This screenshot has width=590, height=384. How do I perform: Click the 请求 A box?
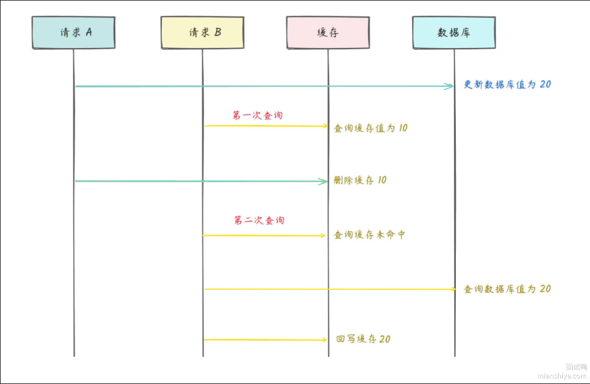[74, 33]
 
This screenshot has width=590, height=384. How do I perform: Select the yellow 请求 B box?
[202, 33]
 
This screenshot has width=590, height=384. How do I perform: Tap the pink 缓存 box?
[328, 33]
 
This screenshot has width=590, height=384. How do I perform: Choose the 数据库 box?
[454, 33]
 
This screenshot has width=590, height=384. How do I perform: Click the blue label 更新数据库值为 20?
[507, 85]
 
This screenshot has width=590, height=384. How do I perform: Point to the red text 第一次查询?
[258, 115]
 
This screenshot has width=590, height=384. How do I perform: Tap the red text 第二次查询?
[259, 220]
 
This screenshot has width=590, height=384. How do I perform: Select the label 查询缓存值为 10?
[370, 128]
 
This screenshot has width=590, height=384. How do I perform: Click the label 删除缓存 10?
[360, 180]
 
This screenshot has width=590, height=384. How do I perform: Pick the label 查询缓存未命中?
[369, 234]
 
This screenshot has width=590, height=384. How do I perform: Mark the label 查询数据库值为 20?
[507, 289]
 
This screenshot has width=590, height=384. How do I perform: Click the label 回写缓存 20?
[363, 339]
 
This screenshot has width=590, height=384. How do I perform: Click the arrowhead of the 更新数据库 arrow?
[450, 86]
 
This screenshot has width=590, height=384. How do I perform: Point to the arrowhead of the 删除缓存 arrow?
[324, 181]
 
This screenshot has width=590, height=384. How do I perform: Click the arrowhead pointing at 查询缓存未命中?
[322, 235]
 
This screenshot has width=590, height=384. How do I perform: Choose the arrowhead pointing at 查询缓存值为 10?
[325, 126]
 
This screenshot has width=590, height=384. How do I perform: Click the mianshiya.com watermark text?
[562, 375]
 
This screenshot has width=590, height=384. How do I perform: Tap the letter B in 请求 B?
[217, 33]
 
